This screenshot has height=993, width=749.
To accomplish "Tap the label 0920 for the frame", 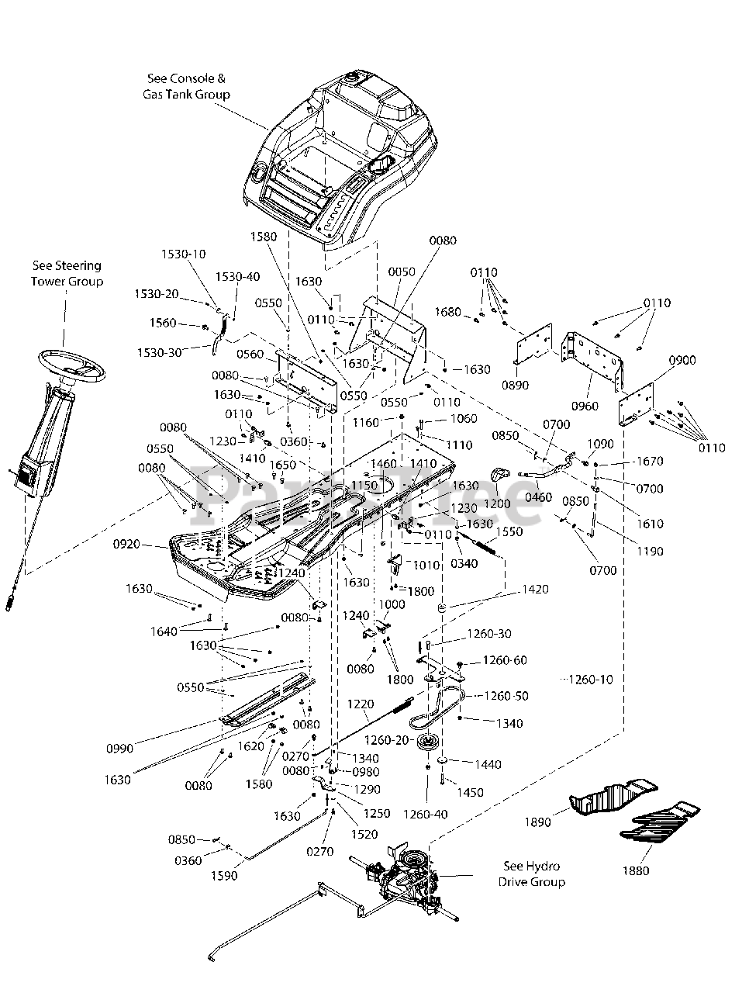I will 126,545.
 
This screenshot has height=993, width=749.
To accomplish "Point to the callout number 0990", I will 120,748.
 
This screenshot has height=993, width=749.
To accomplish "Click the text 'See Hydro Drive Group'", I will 531,874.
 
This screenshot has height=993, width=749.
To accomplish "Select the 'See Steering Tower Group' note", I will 67,273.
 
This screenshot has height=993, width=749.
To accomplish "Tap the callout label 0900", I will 681,360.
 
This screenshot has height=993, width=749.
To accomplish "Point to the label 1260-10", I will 590,680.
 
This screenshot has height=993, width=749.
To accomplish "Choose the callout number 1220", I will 361,704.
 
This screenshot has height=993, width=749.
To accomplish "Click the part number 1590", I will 225,876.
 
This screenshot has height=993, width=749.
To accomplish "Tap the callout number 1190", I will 650,552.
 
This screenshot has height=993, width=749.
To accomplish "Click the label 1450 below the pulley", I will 471,792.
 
